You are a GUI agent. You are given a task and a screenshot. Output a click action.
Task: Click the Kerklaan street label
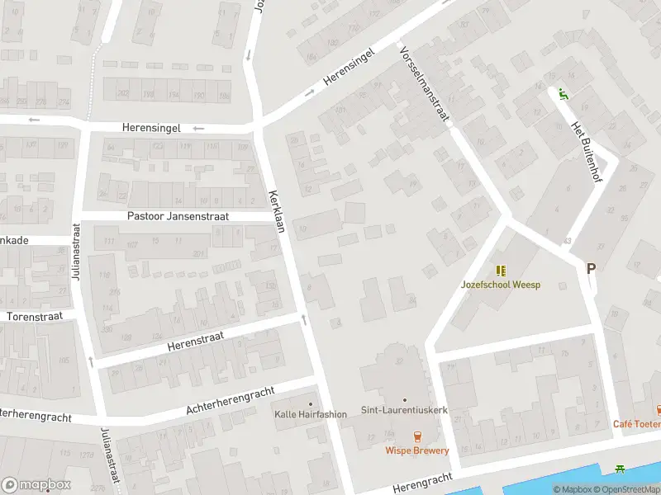click(x=276, y=212)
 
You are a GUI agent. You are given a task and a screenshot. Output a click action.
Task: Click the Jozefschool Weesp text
click(x=500, y=285)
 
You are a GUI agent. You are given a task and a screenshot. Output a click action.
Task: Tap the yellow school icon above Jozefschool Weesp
click(x=501, y=270)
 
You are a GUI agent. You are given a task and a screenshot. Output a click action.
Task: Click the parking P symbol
click(x=590, y=268)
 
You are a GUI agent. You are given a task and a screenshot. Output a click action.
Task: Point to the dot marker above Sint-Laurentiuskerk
click(x=404, y=398)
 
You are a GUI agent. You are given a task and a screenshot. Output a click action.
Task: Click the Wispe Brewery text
click(x=416, y=450)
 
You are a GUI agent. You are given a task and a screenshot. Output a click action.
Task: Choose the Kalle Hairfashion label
click(x=311, y=414)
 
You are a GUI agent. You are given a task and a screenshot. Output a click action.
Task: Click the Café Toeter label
click(x=636, y=424)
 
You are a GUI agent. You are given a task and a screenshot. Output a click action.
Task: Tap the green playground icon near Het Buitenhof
click(x=564, y=93)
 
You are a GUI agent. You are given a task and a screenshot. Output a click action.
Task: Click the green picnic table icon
click(x=620, y=469)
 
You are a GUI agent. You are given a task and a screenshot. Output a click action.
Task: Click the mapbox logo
click(x=36, y=485)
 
